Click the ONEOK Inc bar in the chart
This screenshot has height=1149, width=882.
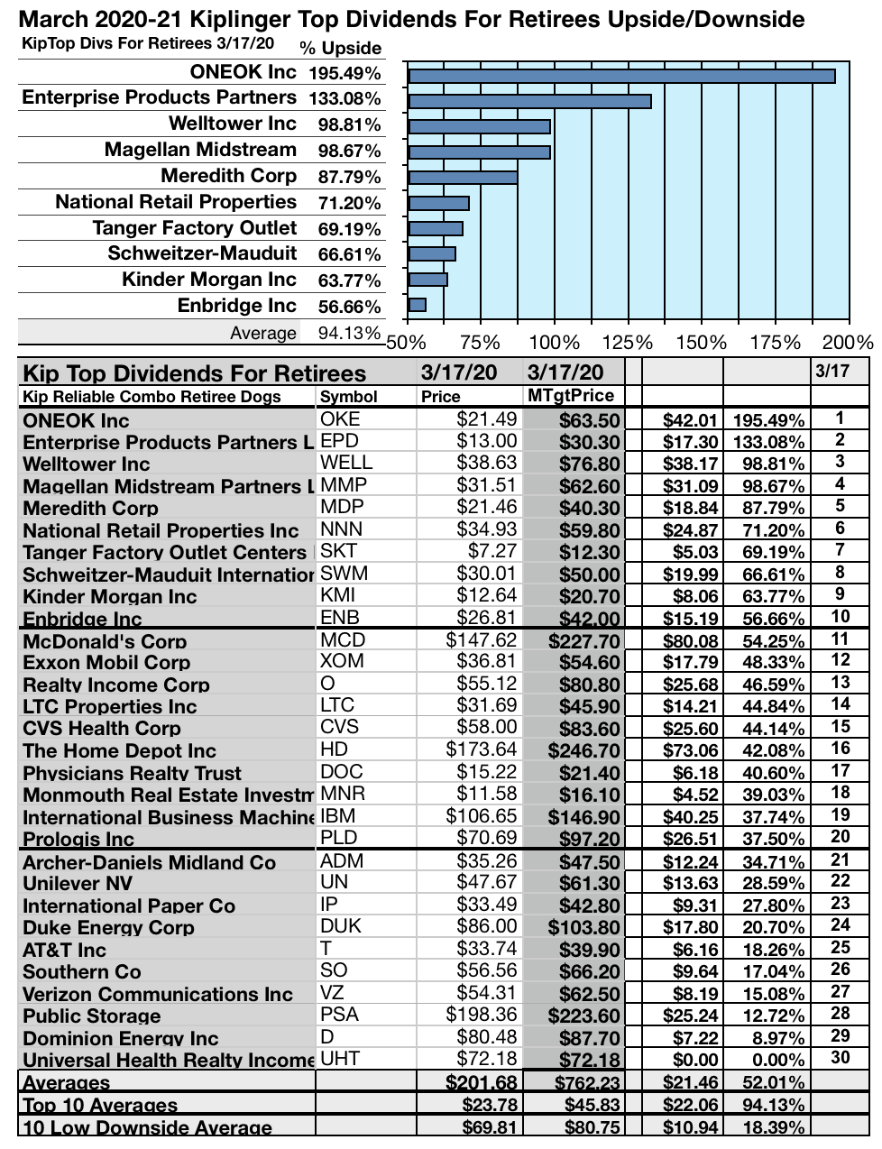pos(621,76)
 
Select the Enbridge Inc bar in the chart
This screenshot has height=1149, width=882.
pos(417,305)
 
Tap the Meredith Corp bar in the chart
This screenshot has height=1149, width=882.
pos(463,178)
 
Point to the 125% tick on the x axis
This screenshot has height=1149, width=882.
pos(628,343)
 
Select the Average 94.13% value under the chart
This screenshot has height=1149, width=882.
pos(350,333)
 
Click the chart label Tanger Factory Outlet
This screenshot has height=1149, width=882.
pos(194,228)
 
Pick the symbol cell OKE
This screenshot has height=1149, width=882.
pos(340,418)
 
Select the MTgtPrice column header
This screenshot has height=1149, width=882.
pos(570,395)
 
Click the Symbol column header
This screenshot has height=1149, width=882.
pos(348,397)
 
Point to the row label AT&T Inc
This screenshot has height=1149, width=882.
pos(64,950)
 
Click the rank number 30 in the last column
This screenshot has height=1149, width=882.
pos(840,1057)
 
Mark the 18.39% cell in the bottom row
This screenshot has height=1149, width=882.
pos(773,1127)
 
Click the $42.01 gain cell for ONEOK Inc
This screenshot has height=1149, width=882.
pos(690,419)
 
